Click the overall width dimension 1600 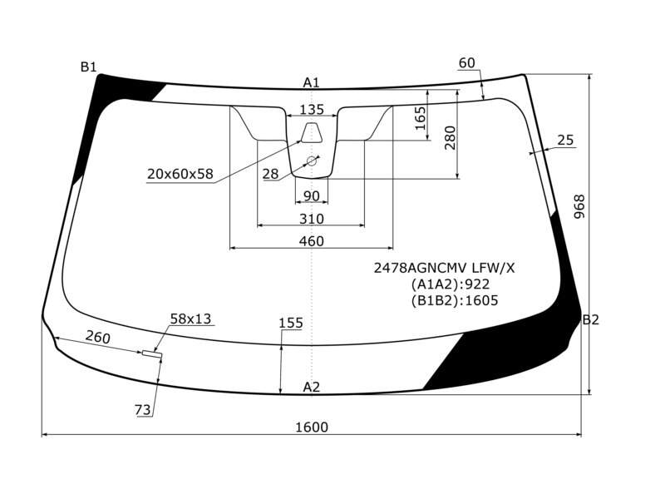[x=312, y=427]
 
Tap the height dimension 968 [x=579, y=206]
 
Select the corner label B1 [x=89, y=67]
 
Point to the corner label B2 [x=590, y=319]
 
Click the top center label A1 [x=311, y=82]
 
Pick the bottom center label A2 [x=311, y=387]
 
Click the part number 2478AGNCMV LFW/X [x=444, y=268]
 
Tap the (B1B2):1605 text [x=454, y=300]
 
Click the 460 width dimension [x=311, y=241]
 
